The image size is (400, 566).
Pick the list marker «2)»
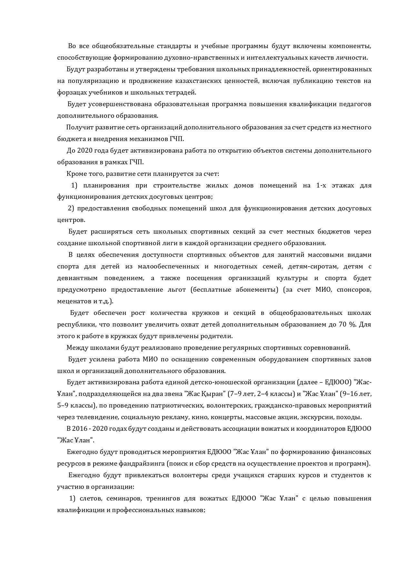tap(71, 208)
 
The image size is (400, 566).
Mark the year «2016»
tap(80, 429)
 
